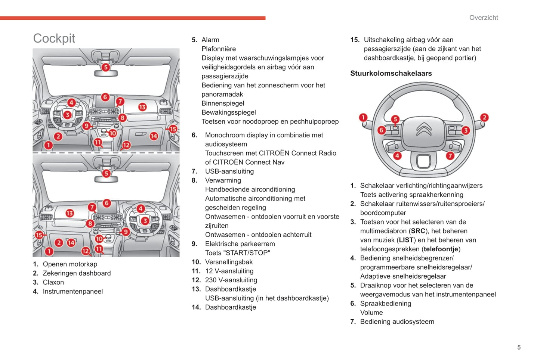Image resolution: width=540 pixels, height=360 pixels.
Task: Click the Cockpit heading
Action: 54,38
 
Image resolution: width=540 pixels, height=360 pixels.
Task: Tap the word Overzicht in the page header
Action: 483,18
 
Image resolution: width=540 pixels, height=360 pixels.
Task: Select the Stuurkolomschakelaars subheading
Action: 391,73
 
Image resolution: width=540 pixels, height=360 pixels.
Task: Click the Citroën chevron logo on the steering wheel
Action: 424,129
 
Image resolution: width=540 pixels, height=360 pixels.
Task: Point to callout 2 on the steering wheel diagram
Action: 484,117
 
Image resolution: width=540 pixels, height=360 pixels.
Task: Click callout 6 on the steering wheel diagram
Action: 381,130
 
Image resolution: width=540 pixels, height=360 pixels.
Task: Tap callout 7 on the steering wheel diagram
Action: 450,156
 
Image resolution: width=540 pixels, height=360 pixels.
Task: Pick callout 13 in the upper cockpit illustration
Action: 142,107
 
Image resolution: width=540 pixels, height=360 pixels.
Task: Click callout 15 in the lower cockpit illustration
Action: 39,235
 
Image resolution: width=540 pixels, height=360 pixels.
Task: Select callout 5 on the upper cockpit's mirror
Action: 106,67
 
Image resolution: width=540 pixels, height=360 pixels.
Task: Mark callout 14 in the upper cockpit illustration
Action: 154,136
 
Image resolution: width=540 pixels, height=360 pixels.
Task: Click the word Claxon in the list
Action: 53,282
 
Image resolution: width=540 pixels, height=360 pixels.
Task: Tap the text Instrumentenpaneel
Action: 72,291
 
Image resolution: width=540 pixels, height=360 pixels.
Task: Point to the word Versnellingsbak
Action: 229,262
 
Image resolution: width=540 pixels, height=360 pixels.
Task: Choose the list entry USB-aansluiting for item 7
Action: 229,171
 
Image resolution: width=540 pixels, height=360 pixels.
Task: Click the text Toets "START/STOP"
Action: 237,253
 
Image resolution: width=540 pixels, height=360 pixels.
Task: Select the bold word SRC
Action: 418,231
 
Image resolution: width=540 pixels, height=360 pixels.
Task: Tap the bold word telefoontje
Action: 441,249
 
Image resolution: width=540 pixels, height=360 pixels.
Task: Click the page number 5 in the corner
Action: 519,347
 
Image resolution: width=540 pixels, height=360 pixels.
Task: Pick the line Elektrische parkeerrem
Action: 240,244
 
